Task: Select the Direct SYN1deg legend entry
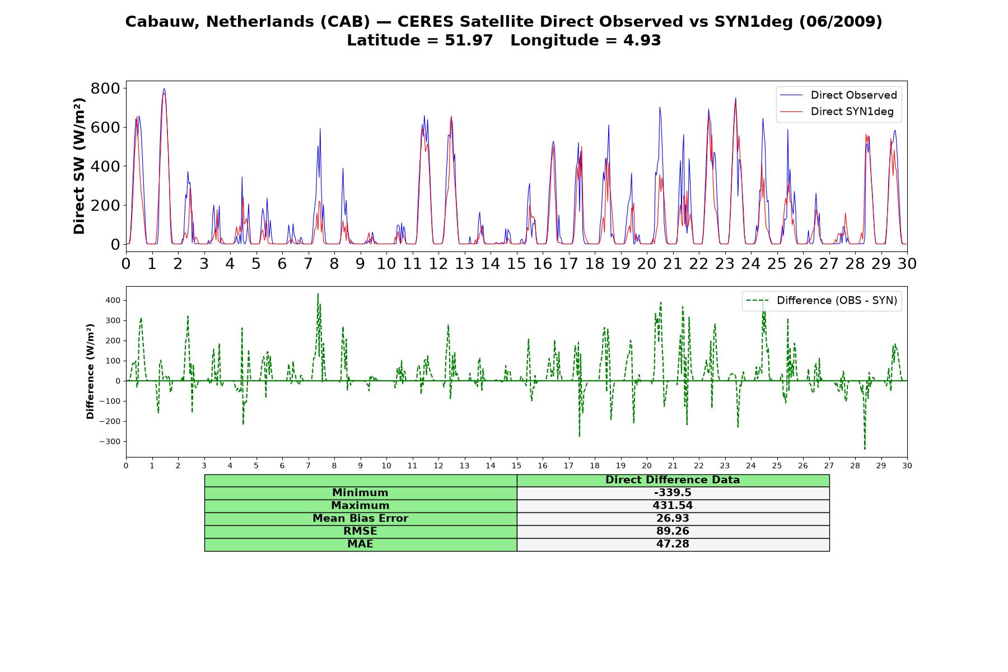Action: [x=837, y=111]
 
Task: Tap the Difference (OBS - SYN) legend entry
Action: [x=822, y=301]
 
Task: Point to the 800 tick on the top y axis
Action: [x=105, y=88]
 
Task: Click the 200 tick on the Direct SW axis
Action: [x=105, y=206]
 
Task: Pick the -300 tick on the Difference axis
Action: [x=110, y=442]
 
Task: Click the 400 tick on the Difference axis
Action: [x=113, y=301]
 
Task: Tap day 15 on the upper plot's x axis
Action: [x=516, y=263]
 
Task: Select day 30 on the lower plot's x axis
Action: [x=907, y=466]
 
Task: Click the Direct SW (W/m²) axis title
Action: [x=79, y=166]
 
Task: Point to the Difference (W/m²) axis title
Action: [x=90, y=372]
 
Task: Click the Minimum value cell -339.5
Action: [x=673, y=493]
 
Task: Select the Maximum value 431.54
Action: [x=673, y=506]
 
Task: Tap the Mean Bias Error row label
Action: [x=360, y=519]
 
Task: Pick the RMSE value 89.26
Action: [x=673, y=531]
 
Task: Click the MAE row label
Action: [x=360, y=544]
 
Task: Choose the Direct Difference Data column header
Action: [x=673, y=480]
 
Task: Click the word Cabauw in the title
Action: [x=163, y=22]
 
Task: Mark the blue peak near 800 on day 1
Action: [x=164, y=88]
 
